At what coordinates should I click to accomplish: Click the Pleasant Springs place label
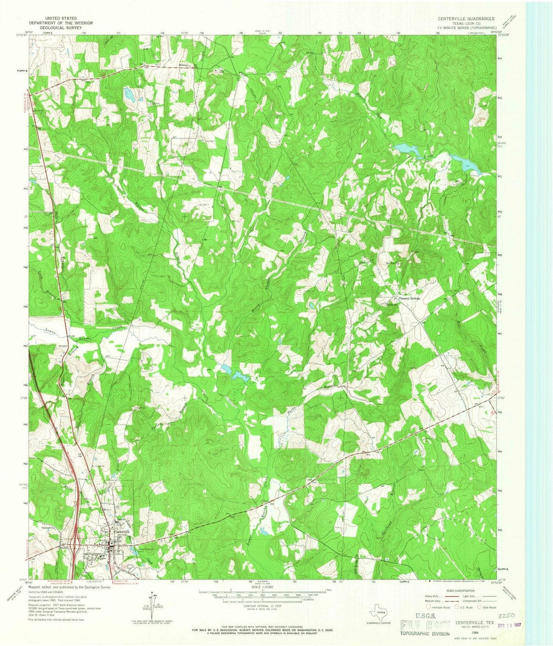click(407, 298)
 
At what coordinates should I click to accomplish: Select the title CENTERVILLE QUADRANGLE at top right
click(465, 17)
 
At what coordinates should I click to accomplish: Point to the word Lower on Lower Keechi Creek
click(49, 331)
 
